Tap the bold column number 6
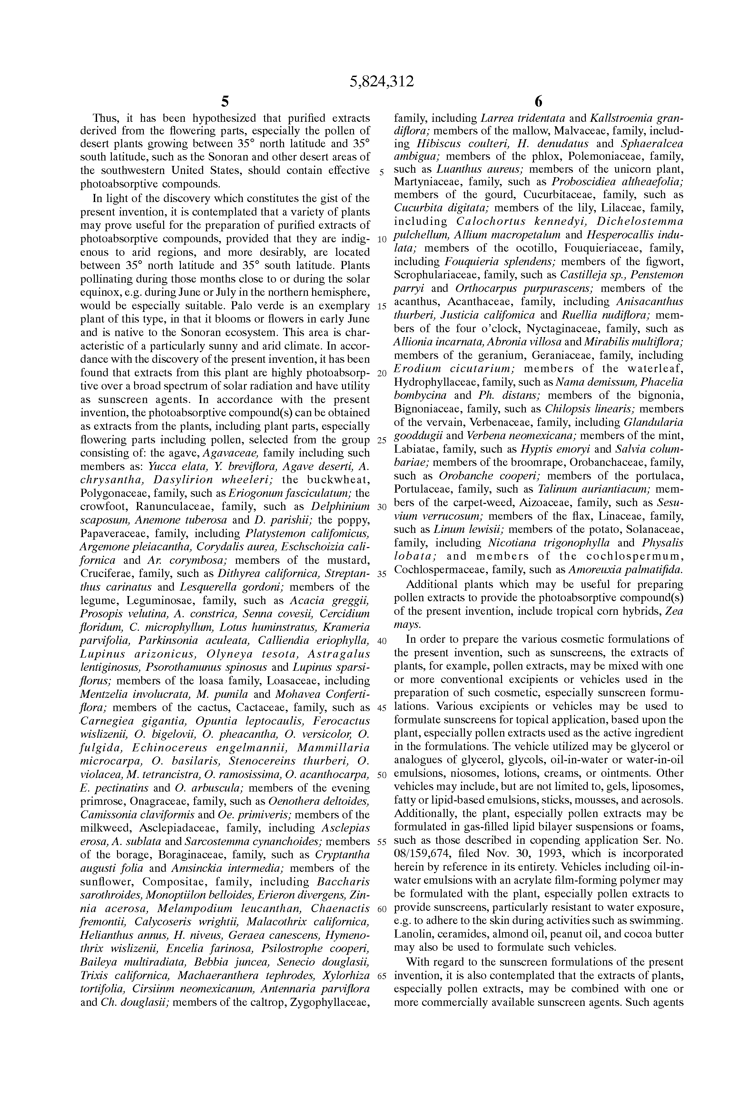[538, 101]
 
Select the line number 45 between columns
[381, 708]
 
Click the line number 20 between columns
[381, 373]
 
